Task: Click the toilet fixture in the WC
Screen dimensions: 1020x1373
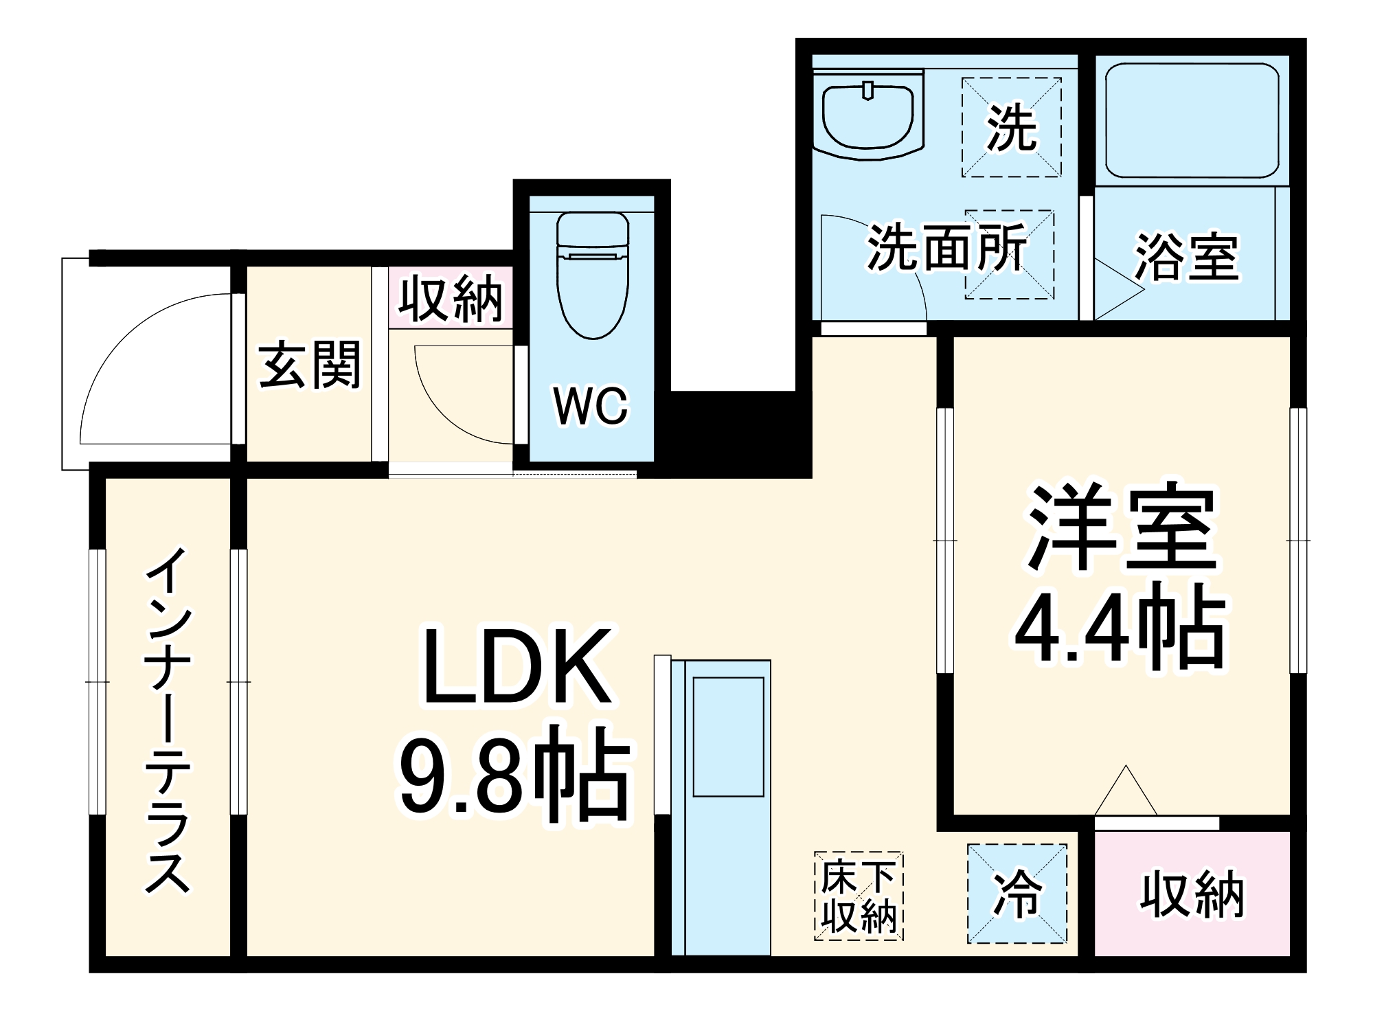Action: (592, 275)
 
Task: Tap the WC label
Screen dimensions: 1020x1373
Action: (591, 406)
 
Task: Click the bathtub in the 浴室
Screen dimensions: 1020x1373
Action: (1192, 121)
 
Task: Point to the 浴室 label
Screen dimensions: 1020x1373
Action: (1186, 258)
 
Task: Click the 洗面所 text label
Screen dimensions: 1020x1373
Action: (946, 247)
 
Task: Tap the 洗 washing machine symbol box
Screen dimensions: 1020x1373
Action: (1011, 128)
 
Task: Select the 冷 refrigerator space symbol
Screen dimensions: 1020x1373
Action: (1017, 894)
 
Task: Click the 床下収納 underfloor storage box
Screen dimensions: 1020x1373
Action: (859, 896)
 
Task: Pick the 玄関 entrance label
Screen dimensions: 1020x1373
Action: (310, 365)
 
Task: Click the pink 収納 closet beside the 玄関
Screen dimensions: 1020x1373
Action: (451, 298)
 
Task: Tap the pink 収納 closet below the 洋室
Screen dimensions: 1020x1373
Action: (1192, 894)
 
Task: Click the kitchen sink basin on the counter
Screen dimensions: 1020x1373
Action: (728, 737)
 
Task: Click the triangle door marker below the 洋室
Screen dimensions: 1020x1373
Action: (1125, 793)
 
